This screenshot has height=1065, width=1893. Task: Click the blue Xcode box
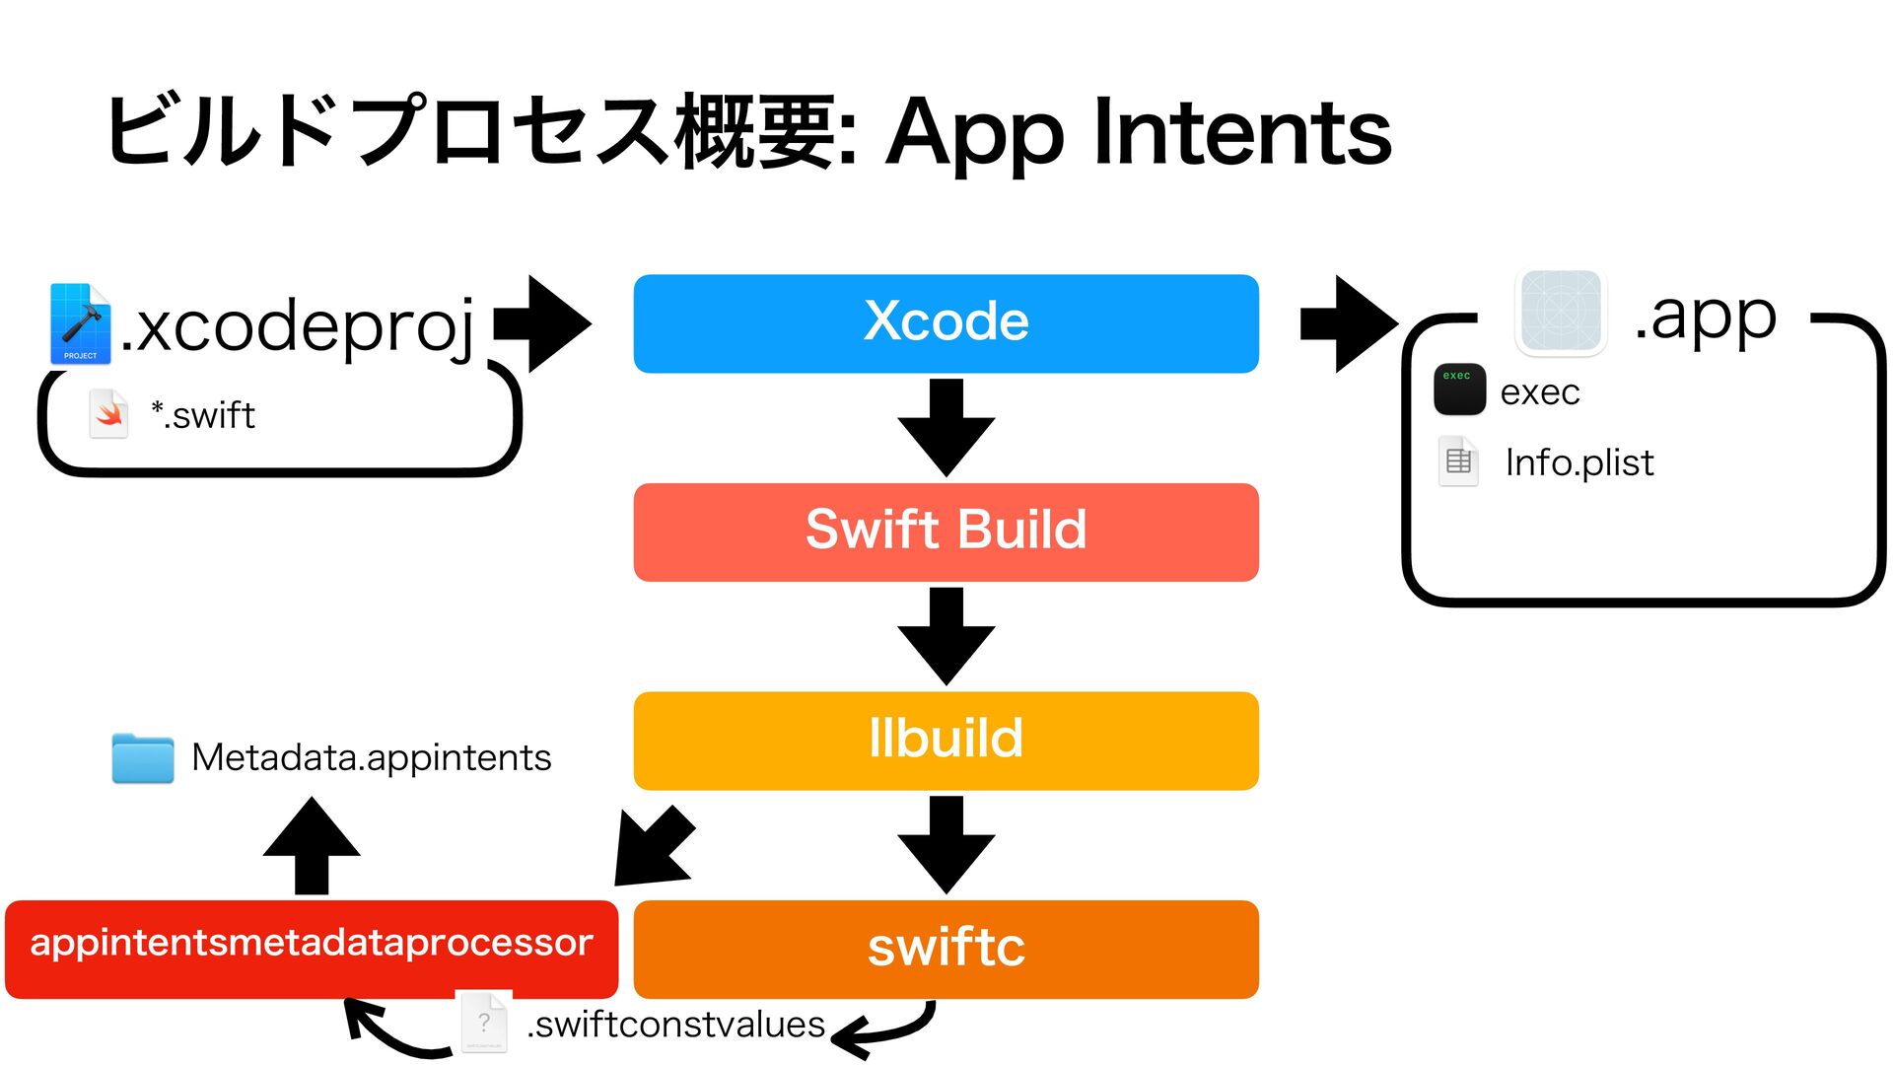tap(946, 323)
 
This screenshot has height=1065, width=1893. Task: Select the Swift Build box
tap(946, 532)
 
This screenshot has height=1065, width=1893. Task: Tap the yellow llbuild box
tap(946, 741)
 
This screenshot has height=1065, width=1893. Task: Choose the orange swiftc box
tap(946, 949)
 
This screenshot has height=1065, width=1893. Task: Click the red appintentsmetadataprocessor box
tap(312, 949)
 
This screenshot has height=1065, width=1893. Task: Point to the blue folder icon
tap(143, 758)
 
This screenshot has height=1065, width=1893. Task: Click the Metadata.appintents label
tap(371, 757)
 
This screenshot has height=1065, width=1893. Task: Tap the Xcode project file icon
tap(80, 323)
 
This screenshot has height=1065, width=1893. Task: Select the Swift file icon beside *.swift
tap(108, 414)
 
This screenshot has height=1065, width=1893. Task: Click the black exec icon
tap(1459, 390)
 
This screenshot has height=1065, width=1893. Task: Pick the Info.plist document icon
tap(1458, 461)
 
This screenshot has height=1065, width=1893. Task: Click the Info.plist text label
tap(1579, 462)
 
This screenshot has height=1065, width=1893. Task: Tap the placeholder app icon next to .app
tap(1561, 312)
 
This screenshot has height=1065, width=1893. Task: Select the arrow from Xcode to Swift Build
tap(946, 428)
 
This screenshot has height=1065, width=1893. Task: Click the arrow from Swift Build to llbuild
tap(946, 637)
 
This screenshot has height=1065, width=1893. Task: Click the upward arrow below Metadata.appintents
tap(312, 846)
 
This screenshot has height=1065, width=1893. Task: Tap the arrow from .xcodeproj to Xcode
tap(542, 323)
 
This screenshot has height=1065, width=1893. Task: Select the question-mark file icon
tap(485, 1022)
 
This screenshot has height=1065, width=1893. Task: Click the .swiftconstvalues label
tap(675, 1026)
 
